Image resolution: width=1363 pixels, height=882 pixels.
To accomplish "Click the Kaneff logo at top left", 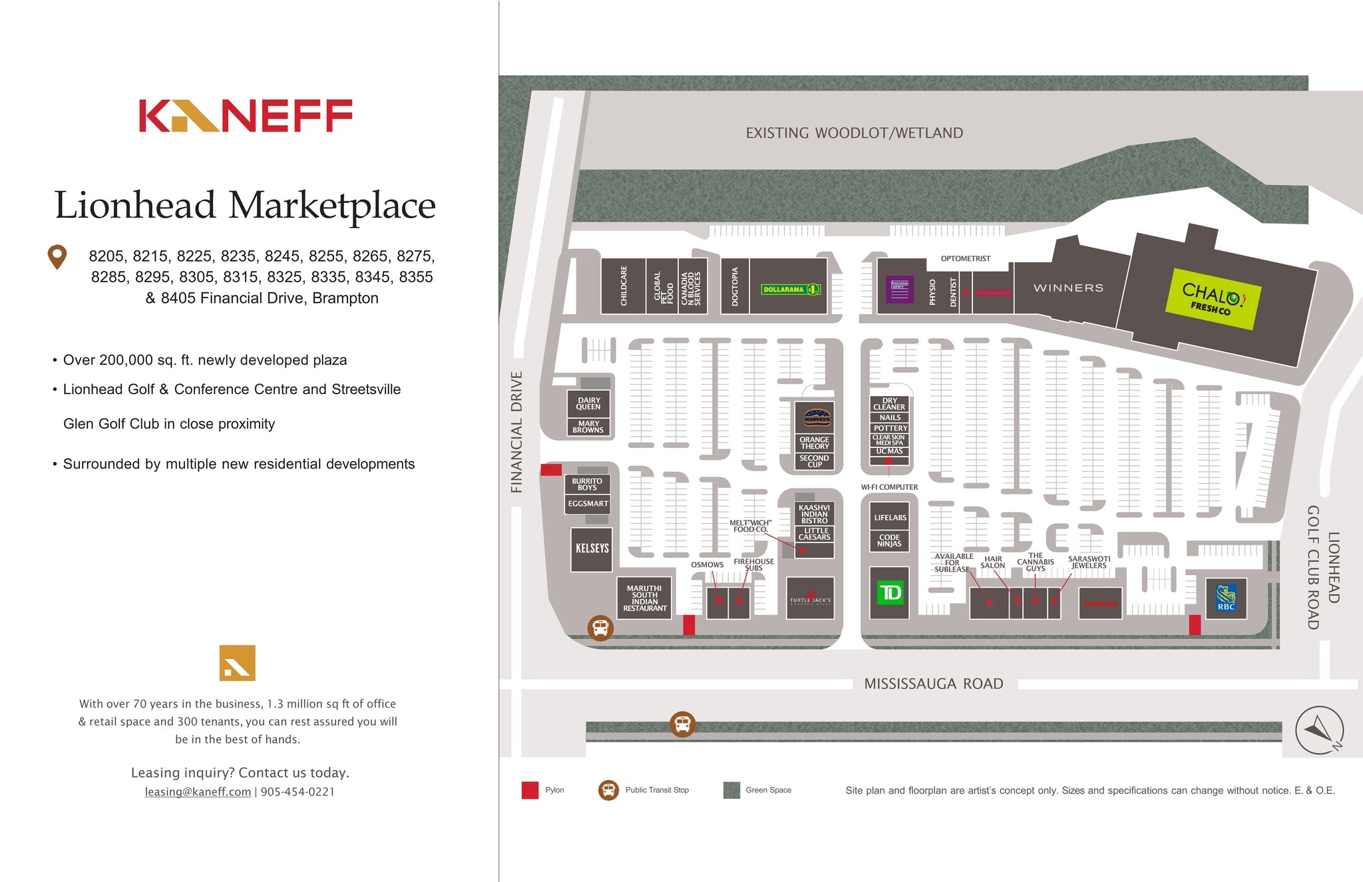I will click(x=245, y=116).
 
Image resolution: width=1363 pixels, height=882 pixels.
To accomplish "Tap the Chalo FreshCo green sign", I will click(x=1211, y=299).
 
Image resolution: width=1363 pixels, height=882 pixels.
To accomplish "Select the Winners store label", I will click(x=1068, y=288).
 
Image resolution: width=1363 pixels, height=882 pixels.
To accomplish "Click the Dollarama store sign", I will click(x=791, y=290).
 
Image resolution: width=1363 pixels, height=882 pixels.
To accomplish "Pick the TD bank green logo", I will click(x=890, y=592).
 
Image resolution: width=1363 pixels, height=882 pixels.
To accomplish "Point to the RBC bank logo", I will click(x=1226, y=597).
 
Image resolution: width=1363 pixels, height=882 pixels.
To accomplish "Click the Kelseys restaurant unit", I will click(x=592, y=549).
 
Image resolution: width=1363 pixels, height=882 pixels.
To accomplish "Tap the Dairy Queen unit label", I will click(x=588, y=403).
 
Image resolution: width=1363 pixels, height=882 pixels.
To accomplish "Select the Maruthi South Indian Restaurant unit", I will click(x=644, y=598).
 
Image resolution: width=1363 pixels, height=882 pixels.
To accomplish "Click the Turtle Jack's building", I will click(x=810, y=598).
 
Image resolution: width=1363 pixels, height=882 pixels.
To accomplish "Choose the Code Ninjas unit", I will click(x=889, y=541).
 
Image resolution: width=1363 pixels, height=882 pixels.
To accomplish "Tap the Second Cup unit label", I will click(x=814, y=461).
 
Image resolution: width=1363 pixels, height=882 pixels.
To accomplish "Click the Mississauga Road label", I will click(x=933, y=684).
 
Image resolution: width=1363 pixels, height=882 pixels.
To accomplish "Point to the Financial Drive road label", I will click(x=516, y=432).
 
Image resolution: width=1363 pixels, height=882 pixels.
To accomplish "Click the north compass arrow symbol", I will click(x=1319, y=730).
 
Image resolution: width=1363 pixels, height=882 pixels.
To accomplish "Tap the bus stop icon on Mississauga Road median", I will click(x=682, y=724).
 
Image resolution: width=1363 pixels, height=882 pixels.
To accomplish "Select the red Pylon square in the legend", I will click(x=530, y=790).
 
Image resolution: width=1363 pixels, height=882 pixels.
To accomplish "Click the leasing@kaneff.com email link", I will click(x=198, y=791).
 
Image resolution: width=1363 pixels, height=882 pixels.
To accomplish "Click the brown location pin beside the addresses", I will click(x=58, y=257).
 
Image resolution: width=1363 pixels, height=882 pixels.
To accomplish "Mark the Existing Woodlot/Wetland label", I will click(x=854, y=133).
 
